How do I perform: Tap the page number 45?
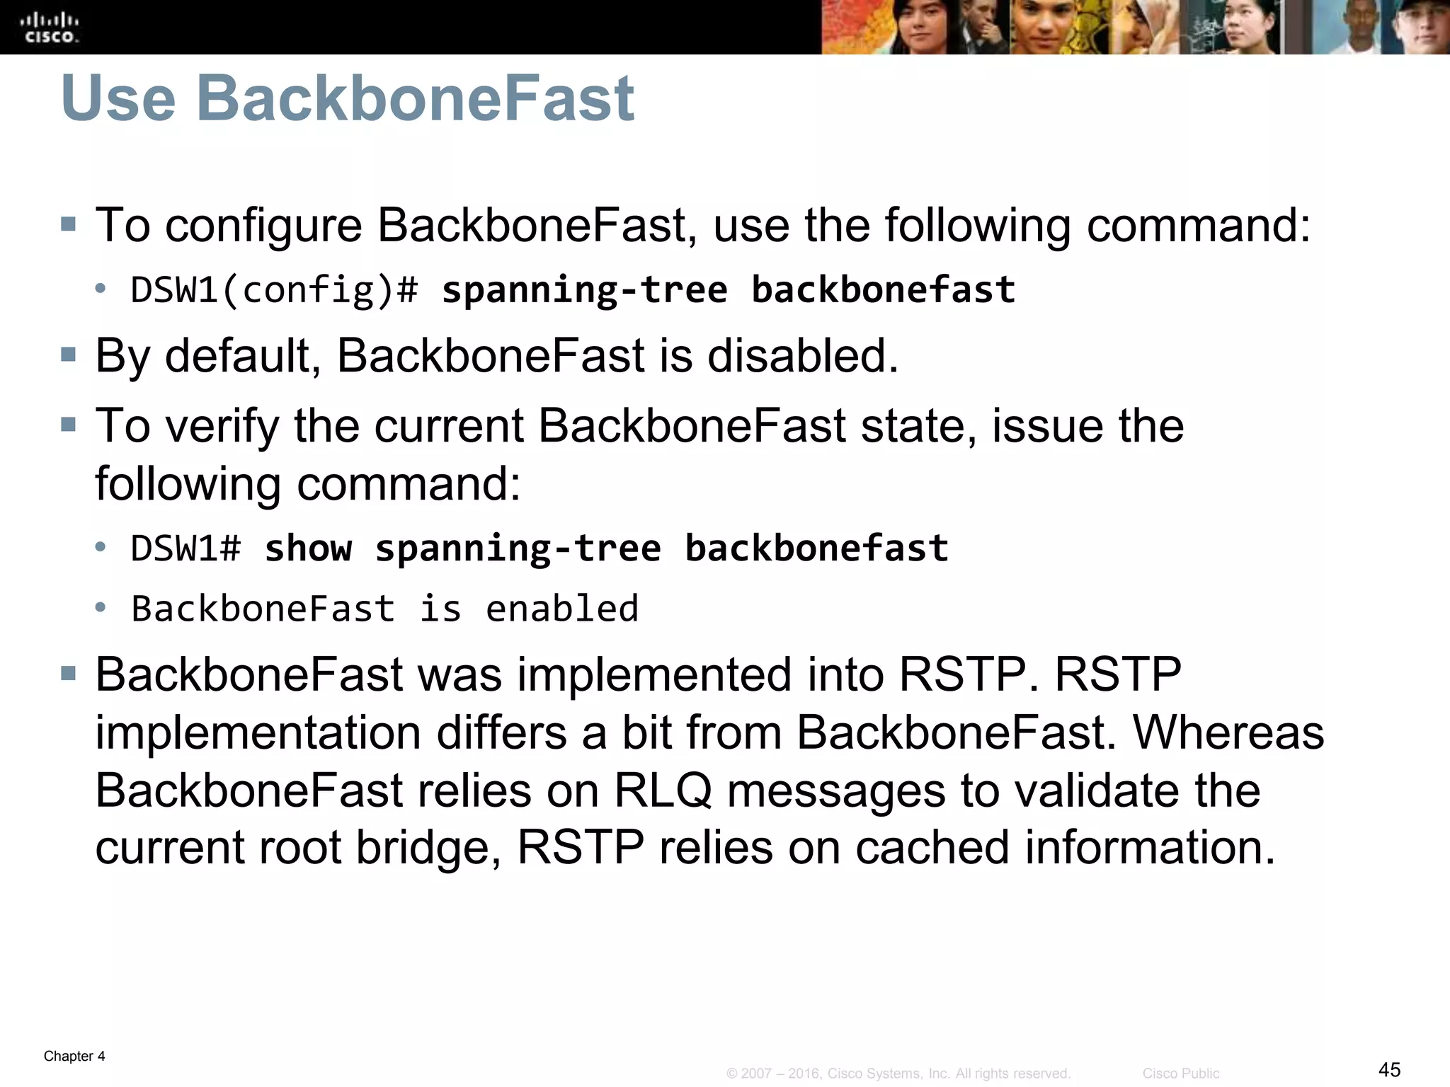(x=1390, y=1069)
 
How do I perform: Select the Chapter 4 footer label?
(x=74, y=1056)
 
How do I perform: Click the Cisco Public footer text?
(x=1180, y=1074)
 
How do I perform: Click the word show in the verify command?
(x=307, y=548)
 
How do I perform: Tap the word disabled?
(x=802, y=355)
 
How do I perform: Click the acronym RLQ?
(x=663, y=790)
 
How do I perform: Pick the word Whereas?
(x=1228, y=732)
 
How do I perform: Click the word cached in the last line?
(x=932, y=848)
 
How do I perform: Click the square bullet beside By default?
(x=69, y=354)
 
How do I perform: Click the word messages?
(x=835, y=790)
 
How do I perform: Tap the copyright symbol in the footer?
(x=732, y=1074)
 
